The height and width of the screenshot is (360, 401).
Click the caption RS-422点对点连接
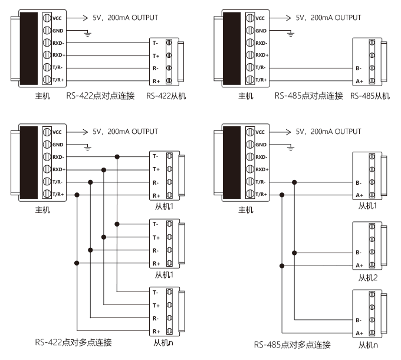coord(100,96)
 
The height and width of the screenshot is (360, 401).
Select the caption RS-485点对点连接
coord(308,96)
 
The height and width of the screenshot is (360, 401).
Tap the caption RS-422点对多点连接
coord(73,342)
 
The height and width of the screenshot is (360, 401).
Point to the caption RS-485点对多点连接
coord(292,345)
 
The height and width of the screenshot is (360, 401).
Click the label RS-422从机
coord(166,96)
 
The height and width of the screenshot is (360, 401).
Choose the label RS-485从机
coord(370,96)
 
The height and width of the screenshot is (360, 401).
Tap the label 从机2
coord(368,277)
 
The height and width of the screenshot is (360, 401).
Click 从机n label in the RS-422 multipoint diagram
coord(163,342)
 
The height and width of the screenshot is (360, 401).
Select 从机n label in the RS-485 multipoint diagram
coord(368,345)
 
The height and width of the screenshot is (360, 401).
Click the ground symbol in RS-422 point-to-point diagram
coord(87,34)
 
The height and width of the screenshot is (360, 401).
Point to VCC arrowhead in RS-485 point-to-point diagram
coord(288,18)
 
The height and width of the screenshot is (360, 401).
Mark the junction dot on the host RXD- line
coord(117,157)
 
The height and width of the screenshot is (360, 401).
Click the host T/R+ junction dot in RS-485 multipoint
coord(282,195)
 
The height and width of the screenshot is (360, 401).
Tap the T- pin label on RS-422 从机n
coord(155,292)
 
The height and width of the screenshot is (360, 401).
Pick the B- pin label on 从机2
coord(359,253)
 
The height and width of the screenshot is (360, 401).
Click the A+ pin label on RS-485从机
coord(359,81)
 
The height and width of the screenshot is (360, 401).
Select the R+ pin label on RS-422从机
coord(156,81)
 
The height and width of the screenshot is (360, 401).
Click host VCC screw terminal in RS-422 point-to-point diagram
coord(47,18)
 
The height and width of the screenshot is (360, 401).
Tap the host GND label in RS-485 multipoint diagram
coord(261,145)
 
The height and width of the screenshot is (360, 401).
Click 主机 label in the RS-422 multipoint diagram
coord(42,210)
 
